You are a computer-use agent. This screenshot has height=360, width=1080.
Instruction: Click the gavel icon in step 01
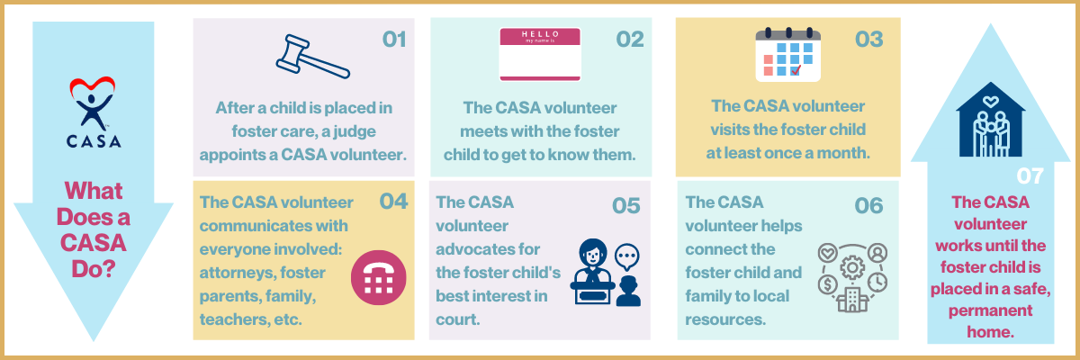312,57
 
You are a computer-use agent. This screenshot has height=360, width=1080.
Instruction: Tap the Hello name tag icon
540,54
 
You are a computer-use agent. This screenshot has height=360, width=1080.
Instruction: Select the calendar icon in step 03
787,55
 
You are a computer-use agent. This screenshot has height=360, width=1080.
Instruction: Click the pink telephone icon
379,277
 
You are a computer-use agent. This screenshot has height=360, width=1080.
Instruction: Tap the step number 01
394,40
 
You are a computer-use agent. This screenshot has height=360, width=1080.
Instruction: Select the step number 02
630,40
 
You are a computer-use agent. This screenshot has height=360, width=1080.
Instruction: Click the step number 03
868,40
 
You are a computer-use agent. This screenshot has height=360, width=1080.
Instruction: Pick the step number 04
393,202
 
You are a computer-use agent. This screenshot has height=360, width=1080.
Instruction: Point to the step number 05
625,206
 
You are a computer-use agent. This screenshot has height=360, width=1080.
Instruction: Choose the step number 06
868,206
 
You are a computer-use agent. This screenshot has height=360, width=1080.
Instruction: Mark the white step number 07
1030,175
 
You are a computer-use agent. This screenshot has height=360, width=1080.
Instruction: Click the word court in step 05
458,319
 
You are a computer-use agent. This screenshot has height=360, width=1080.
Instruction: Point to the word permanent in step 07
990,310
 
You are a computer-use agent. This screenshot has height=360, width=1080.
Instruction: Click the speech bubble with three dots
626,256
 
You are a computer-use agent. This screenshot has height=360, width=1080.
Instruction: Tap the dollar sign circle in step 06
827,284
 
